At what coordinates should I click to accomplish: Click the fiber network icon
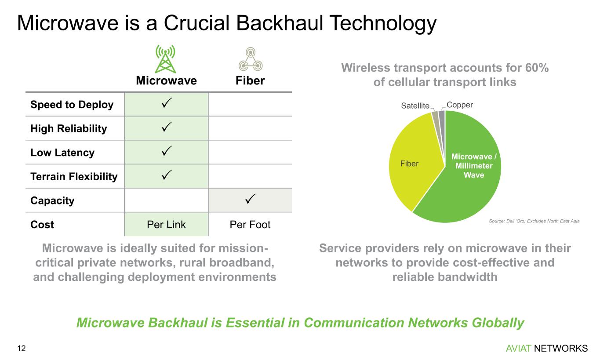pyautogui.click(x=250, y=59)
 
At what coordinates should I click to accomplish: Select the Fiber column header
pyautogui.click(x=250, y=81)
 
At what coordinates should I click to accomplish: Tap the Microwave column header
pyautogui.click(x=166, y=81)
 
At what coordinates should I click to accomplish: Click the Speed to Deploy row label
pyautogui.click(x=72, y=105)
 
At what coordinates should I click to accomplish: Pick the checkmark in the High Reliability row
pyautogui.click(x=166, y=128)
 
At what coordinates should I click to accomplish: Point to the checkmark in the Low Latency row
pyautogui.click(x=166, y=153)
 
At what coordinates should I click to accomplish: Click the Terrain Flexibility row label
pyautogui.click(x=74, y=177)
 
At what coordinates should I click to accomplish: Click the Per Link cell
pyautogui.click(x=166, y=225)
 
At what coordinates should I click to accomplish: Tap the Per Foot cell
pyautogui.click(x=250, y=225)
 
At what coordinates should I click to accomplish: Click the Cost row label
pyautogui.click(x=42, y=225)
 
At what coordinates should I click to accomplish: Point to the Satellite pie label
pyautogui.click(x=415, y=105)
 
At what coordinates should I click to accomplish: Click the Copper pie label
pyautogui.click(x=460, y=105)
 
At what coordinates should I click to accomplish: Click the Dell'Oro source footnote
pyautogui.click(x=534, y=221)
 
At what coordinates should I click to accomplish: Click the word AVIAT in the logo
pyautogui.click(x=519, y=349)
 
